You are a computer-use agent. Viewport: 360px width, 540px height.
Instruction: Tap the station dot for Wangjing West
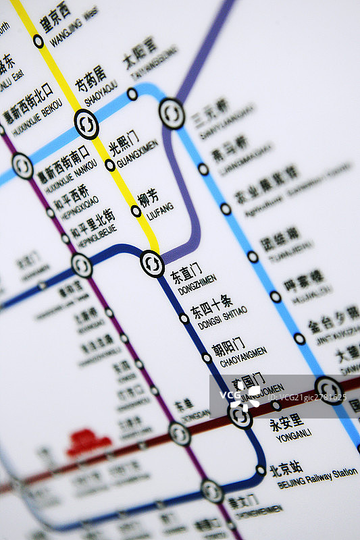(38, 41)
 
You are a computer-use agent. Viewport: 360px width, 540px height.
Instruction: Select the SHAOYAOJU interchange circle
(86, 124)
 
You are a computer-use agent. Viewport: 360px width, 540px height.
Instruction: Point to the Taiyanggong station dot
(132, 94)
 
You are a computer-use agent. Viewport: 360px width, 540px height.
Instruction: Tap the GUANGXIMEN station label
(134, 152)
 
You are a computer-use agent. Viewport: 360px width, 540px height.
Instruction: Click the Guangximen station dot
(110, 165)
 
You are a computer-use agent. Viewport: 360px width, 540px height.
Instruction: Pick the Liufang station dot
(136, 211)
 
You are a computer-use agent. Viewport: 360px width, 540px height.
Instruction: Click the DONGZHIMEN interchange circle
(152, 263)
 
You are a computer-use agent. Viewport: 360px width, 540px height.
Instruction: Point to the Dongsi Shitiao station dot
(184, 318)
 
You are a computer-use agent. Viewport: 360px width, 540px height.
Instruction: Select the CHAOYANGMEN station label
(237, 351)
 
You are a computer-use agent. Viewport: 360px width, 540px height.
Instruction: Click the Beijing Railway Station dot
(261, 470)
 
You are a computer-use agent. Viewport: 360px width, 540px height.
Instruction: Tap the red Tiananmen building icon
(88, 442)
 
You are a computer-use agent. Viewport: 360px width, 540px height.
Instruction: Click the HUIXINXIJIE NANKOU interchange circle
(22, 166)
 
